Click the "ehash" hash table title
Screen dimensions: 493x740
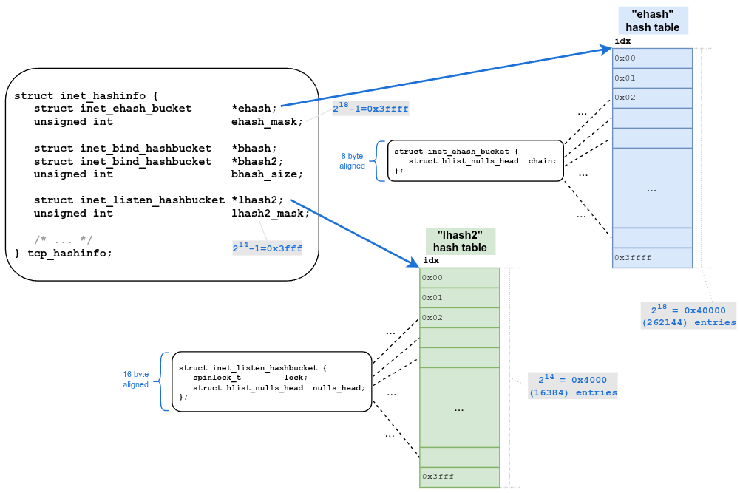(x=652, y=21)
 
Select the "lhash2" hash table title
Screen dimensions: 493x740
(x=460, y=241)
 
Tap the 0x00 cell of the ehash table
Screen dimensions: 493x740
(x=652, y=58)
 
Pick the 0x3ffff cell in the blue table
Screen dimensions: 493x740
(x=652, y=258)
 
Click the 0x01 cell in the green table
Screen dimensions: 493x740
(x=459, y=297)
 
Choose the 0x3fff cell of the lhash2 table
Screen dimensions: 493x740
(x=459, y=477)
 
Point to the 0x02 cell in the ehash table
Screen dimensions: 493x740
(x=652, y=98)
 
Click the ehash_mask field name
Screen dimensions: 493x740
(x=267, y=121)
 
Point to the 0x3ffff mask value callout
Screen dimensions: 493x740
(x=370, y=108)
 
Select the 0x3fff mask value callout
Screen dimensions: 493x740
(x=267, y=248)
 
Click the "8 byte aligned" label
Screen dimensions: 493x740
(x=353, y=161)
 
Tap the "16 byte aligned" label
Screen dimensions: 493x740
(x=136, y=379)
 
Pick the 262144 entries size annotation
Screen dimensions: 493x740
(x=688, y=316)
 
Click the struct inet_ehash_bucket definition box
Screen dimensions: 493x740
(x=474, y=161)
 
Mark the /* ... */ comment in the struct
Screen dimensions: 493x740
(x=64, y=239)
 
